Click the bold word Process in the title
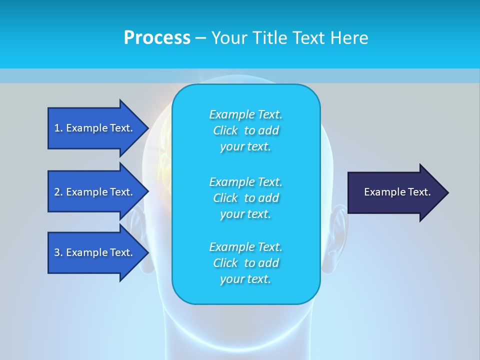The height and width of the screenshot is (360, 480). click(157, 38)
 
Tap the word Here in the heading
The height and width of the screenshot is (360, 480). click(349, 38)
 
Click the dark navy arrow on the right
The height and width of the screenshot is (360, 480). click(395, 192)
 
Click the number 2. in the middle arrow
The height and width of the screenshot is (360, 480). click(58, 192)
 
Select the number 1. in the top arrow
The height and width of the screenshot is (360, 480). click(58, 128)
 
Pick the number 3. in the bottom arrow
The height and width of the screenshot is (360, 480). click(58, 252)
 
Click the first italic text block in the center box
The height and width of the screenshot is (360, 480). click(245, 130)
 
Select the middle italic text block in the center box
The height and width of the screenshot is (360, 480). click(245, 198)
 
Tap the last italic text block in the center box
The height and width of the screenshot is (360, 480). click(245, 263)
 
